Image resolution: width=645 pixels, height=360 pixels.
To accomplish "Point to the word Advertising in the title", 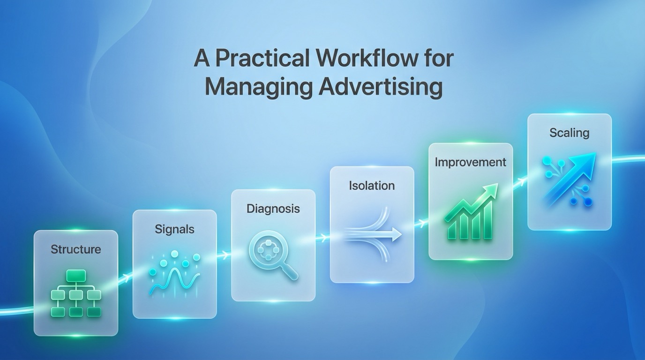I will pos(380,87).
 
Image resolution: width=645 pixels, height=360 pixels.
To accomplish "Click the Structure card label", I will pos(75,249).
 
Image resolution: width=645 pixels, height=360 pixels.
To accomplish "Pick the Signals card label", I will pos(174,229).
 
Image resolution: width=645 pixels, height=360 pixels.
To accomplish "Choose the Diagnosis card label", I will pos(273,209).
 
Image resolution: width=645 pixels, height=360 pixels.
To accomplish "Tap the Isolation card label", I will pos(372,186).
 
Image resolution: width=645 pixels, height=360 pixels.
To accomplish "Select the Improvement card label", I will pos(470,162).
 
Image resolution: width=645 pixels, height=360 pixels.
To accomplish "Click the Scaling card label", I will pos(569,133).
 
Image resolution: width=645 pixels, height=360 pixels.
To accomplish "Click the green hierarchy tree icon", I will pos(75,294).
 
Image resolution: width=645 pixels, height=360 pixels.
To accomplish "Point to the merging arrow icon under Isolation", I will pos(373,233).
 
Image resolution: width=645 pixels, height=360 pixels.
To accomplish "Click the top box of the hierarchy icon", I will pos(75,275).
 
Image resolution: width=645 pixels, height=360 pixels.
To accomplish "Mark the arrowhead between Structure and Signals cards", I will pos(126,278).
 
